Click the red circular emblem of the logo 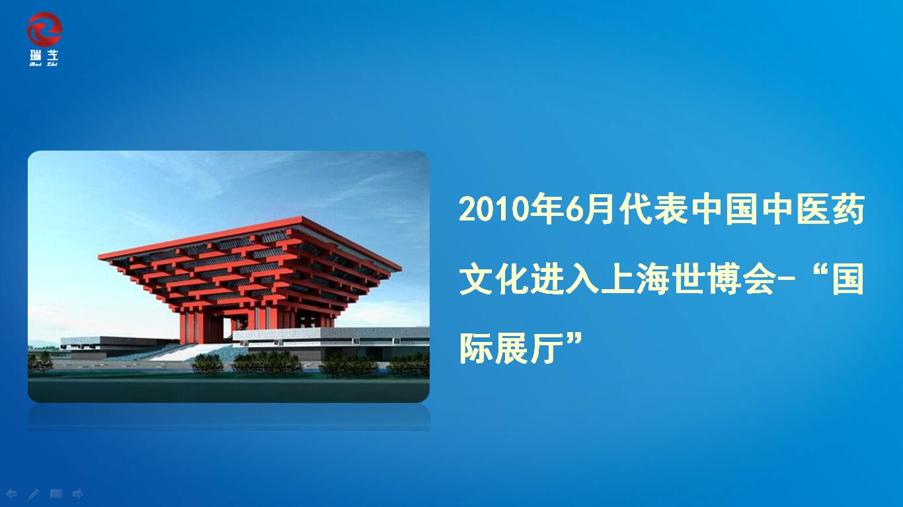click(44, 29)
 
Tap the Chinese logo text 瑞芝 click(44, 55)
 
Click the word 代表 click(654, 209)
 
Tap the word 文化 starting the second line click(493, 279)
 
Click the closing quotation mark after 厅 click(574, 341)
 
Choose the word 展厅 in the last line click(529, 349)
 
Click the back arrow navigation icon click(11, 494)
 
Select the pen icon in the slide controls click(34, 494)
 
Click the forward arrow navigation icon click(78, 494)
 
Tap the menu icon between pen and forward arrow click(56, 493)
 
